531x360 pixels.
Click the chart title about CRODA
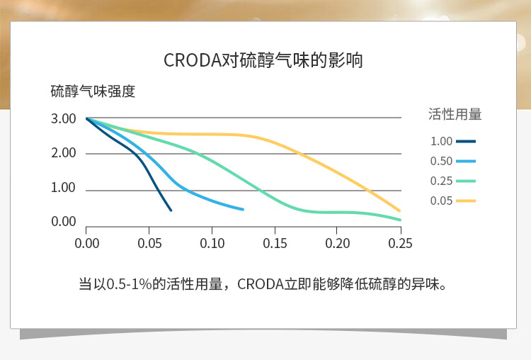click(263, 60)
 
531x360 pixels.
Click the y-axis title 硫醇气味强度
click(93, 91)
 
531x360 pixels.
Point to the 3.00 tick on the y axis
click(63, 118)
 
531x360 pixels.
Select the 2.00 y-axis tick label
click(63, 153)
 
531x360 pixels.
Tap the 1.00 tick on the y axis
click(63, 188)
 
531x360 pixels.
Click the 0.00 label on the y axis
click(63, 221)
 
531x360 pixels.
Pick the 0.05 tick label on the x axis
click(149, 243)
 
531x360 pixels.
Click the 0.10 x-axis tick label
click(212, 243)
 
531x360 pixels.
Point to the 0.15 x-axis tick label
click(275, 243)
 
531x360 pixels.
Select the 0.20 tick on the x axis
click(337, 243)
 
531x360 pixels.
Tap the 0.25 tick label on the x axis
click(400, 243)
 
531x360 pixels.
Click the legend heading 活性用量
click(455, 114)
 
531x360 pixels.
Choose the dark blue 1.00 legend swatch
click(466, 141)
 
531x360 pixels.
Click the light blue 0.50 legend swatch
click(466, 162)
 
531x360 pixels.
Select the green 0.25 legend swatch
click(466, 181)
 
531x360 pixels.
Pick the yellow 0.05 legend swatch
click(466, 201)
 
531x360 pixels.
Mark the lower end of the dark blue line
click(171, 210)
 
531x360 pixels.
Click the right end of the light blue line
click(243, 209)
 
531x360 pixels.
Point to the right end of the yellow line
click(399, 210)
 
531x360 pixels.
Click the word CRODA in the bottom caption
click(260, 284)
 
